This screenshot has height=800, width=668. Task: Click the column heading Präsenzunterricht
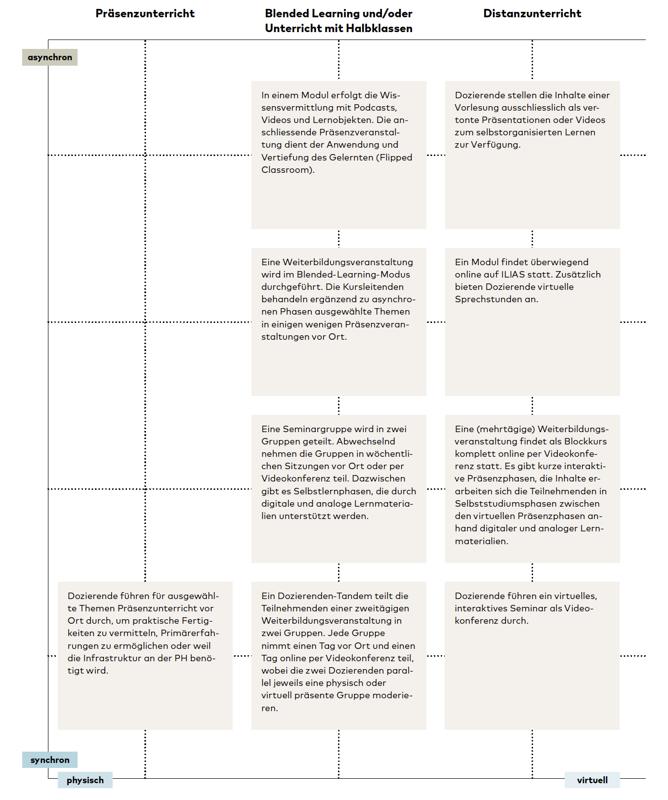click(145, 13)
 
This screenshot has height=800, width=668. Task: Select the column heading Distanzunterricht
click(532, 13)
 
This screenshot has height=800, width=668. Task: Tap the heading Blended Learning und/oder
click(338, 13)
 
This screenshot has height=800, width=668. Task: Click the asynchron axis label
click(50, 57)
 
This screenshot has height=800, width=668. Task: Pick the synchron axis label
click(50, 760)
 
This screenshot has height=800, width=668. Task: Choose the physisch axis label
click(85, 780)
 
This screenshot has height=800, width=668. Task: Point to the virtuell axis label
click(592, 780)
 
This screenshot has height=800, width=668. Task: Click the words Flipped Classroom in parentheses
click(395, 158)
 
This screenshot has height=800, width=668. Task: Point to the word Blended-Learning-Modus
click(353, 275)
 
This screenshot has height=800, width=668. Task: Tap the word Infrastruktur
click(112, 658)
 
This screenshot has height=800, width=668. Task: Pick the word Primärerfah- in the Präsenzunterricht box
click(190, 633)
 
